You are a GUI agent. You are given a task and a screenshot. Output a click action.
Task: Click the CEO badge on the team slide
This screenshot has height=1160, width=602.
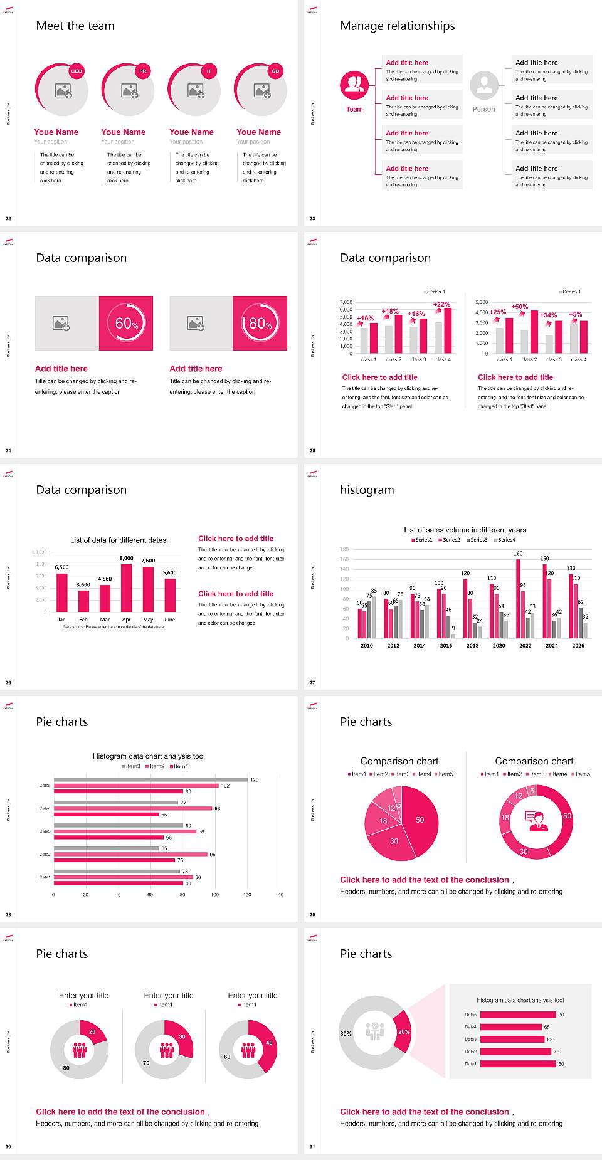77,71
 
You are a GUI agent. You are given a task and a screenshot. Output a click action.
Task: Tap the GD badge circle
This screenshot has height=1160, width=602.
275,71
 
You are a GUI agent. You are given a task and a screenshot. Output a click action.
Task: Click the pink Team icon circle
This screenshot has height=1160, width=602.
354,85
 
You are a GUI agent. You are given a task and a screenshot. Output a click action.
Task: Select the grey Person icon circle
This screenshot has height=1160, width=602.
483,85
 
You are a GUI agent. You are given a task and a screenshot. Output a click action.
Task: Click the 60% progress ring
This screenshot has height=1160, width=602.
126,323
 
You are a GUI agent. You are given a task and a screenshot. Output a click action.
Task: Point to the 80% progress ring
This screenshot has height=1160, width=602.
260,323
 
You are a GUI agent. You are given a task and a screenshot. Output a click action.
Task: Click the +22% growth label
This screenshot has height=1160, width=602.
441,304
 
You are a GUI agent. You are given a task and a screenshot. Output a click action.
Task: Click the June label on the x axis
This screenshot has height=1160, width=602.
169,620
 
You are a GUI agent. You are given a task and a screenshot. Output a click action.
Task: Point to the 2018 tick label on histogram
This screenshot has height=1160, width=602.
473,646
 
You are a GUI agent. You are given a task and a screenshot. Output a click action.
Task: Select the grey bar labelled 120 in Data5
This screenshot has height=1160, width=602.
150,779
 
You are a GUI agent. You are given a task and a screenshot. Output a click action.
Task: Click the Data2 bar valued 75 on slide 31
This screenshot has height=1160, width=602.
515,1052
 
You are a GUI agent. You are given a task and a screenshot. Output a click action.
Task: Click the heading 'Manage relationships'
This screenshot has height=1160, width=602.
398,26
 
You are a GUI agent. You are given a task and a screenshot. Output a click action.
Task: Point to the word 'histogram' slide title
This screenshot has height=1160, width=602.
367,490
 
